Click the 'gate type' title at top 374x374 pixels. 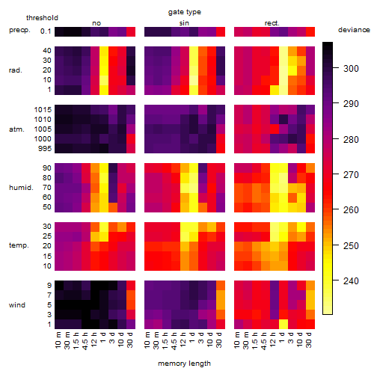[x=185, y=12]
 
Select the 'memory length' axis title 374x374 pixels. [x=184, y=364]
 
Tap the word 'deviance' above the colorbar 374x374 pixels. [x=354, y=30]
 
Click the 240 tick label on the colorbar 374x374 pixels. [x=351, y=281]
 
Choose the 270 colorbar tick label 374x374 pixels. [x=351, y=175]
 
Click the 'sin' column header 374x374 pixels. [x=184, y=23]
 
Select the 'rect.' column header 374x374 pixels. [x=272, y=23]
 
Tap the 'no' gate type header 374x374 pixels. [x=96, y=23]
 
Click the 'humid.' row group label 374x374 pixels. [x=21, y=188]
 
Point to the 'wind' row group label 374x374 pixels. [x=17, y=305]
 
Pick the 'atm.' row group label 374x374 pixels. [x=16, y=129]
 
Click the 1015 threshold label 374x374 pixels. [x=43, y=110]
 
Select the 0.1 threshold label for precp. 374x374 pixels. [x=46, y=31]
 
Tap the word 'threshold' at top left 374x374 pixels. [x=42, y=18]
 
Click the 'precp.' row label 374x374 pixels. [x=19, y=30]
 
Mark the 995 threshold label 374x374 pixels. [x=45, y=149]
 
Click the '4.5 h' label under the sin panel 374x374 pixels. [x=174, y=341]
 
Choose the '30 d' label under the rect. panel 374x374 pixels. [x=309, y=340]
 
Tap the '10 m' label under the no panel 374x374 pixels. [x=58, y=340]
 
